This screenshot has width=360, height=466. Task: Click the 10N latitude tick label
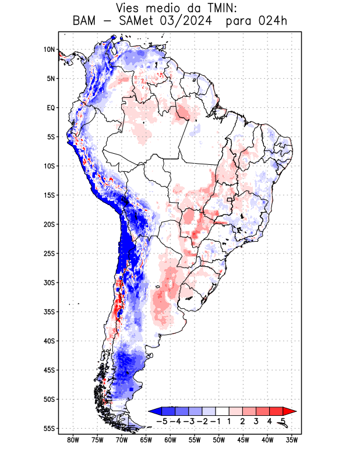[x=48, y=50]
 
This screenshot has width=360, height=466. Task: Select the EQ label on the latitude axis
[x=50, y=108]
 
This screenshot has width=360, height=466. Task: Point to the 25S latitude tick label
[x=48, y=253]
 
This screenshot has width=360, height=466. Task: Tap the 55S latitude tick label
[x=48, y=428]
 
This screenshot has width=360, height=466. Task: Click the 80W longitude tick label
[x=73, y=440]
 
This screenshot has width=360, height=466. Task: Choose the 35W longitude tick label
[x=292, y=440]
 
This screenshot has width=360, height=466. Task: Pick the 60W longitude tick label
[x=170, y=440]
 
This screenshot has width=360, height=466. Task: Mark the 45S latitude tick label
[x=48, y=370]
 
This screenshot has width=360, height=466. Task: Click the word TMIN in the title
[x=208, y=8]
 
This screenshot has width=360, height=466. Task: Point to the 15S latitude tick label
[x=48, y=195]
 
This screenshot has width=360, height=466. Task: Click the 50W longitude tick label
[x=219, y=440]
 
